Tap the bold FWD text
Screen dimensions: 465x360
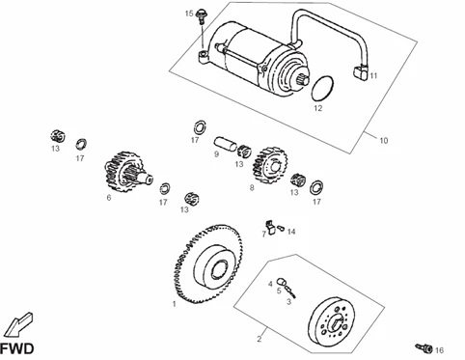click(16, 349)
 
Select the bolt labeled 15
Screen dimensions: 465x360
click(201, 15)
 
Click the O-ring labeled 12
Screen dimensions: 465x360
click(323, 87)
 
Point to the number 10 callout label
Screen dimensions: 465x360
click(384, 141)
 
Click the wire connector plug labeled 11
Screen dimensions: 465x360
click(360, 71)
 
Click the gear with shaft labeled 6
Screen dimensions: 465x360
click(125, 172)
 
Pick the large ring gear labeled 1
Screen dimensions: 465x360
click(208, 263)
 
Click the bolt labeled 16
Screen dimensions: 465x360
click(424, 347)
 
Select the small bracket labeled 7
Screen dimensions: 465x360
click(269, 227)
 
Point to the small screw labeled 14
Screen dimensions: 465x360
click(281, 228)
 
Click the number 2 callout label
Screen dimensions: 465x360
click(260, 339)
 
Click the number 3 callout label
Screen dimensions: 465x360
click(288, 302)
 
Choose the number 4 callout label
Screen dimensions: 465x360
click(270, 284)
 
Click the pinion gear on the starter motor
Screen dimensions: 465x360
click(302, 79)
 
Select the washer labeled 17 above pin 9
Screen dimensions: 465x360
click(200, 127)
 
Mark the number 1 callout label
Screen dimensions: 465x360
click(175, 304)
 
